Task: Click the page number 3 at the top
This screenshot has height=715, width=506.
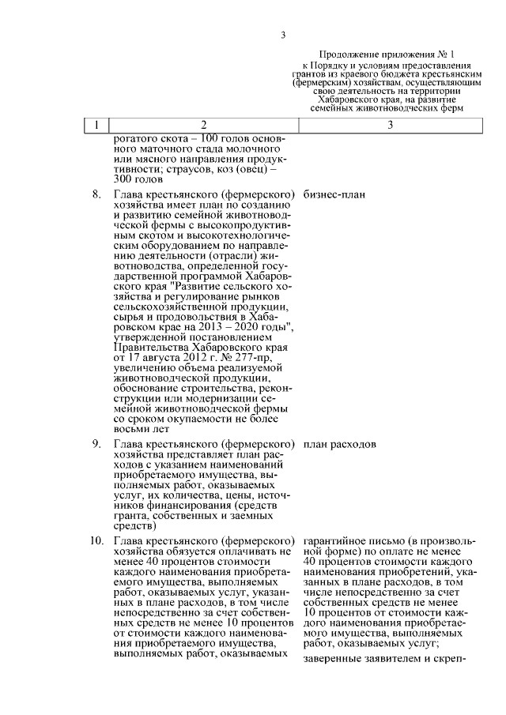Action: (282, 34)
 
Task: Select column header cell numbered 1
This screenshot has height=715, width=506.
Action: (96, 125)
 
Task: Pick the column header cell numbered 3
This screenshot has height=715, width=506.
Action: (390, 125)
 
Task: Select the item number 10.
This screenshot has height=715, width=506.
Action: (96, 541)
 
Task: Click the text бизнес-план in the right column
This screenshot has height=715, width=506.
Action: (335, 194)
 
